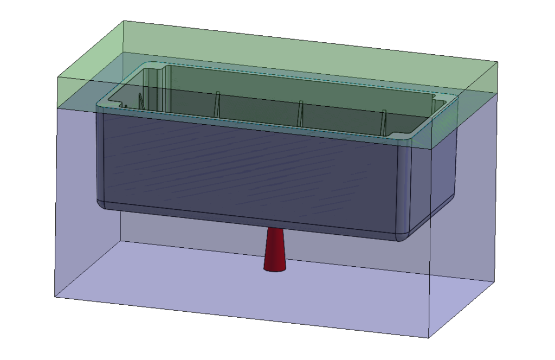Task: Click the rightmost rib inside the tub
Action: click(384, 120)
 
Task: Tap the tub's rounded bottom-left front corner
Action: click(103, 203)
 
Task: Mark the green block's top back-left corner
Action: click(125, 21)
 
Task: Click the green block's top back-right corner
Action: click(498, 62)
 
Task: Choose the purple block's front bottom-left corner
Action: click(55, 297)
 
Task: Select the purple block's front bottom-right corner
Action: click(429, 338)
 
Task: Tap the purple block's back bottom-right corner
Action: click(498, 281)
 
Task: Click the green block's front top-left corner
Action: click(58, 78)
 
